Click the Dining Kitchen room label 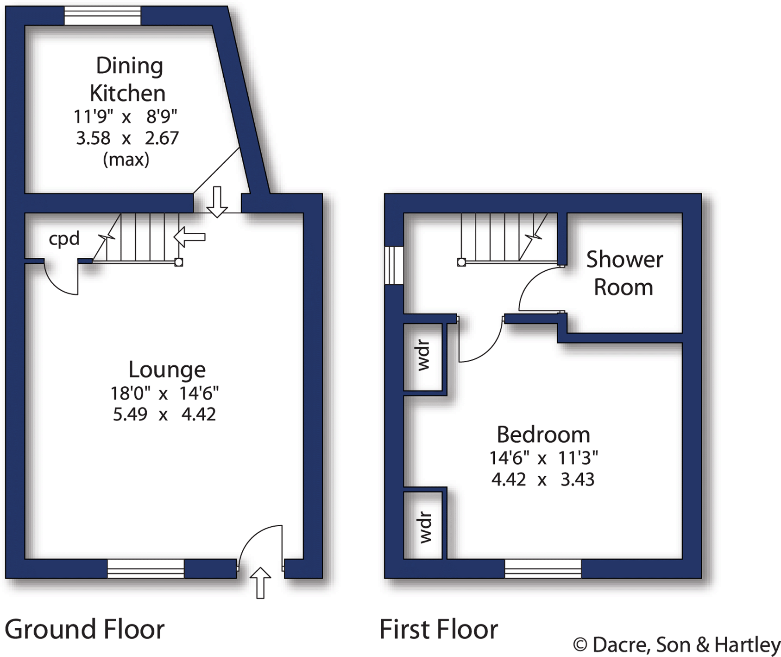coord(128,79)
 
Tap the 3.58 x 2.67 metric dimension coord(127,138)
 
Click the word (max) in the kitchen coord(126,159)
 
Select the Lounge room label coord(167,370)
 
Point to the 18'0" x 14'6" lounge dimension coord(164,394)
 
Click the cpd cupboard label coord(64,239)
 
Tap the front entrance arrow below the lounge coord(260,582)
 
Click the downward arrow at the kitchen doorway coord(217,202)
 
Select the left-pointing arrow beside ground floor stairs coord(189,237)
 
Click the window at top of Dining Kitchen coord(102,16)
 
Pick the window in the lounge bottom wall coord(145,568)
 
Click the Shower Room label coord(624,273)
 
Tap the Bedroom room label coord(543,434)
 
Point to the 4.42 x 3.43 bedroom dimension coord(542,479)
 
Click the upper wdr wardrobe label coord(423,356)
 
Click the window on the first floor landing coord(393,265)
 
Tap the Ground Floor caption coord(84,629)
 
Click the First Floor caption coord(438,629)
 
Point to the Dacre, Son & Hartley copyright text coord(676,644)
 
